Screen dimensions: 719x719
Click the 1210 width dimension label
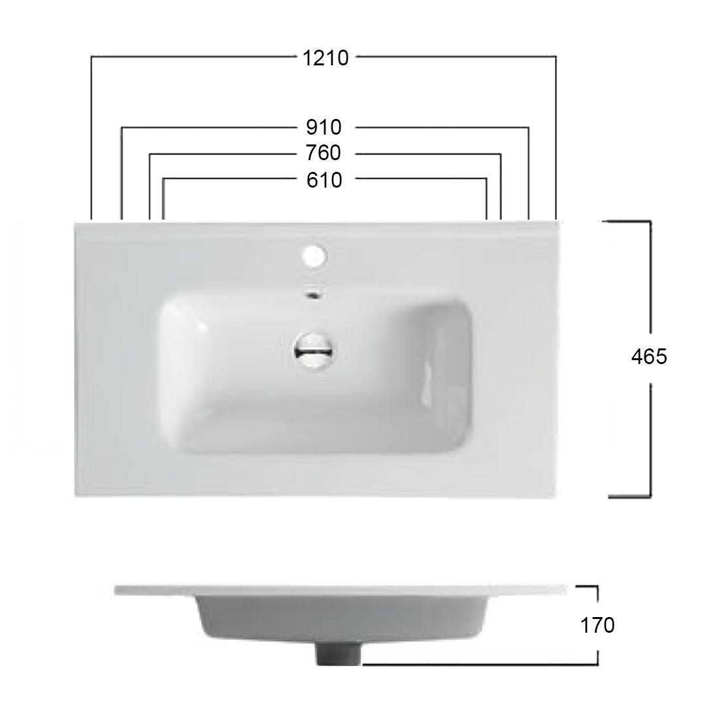pyautogui.click(x=326, y=58)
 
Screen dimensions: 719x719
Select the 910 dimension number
pyautogui.click(x=324, y=126)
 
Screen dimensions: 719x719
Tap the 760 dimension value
pyautogui.click(x=324, y=153)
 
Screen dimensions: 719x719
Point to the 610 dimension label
pyautogui.click(x=324, y=179)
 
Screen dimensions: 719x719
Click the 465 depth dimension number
pyautogui.click(x=648, y=357)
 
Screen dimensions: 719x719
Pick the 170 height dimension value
pyautogui.click(x=597, y=626)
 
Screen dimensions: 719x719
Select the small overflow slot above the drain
pyautogui.click(x=314, y=294)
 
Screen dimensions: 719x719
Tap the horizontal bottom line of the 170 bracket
pyautogui.click(x=477, y=664)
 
